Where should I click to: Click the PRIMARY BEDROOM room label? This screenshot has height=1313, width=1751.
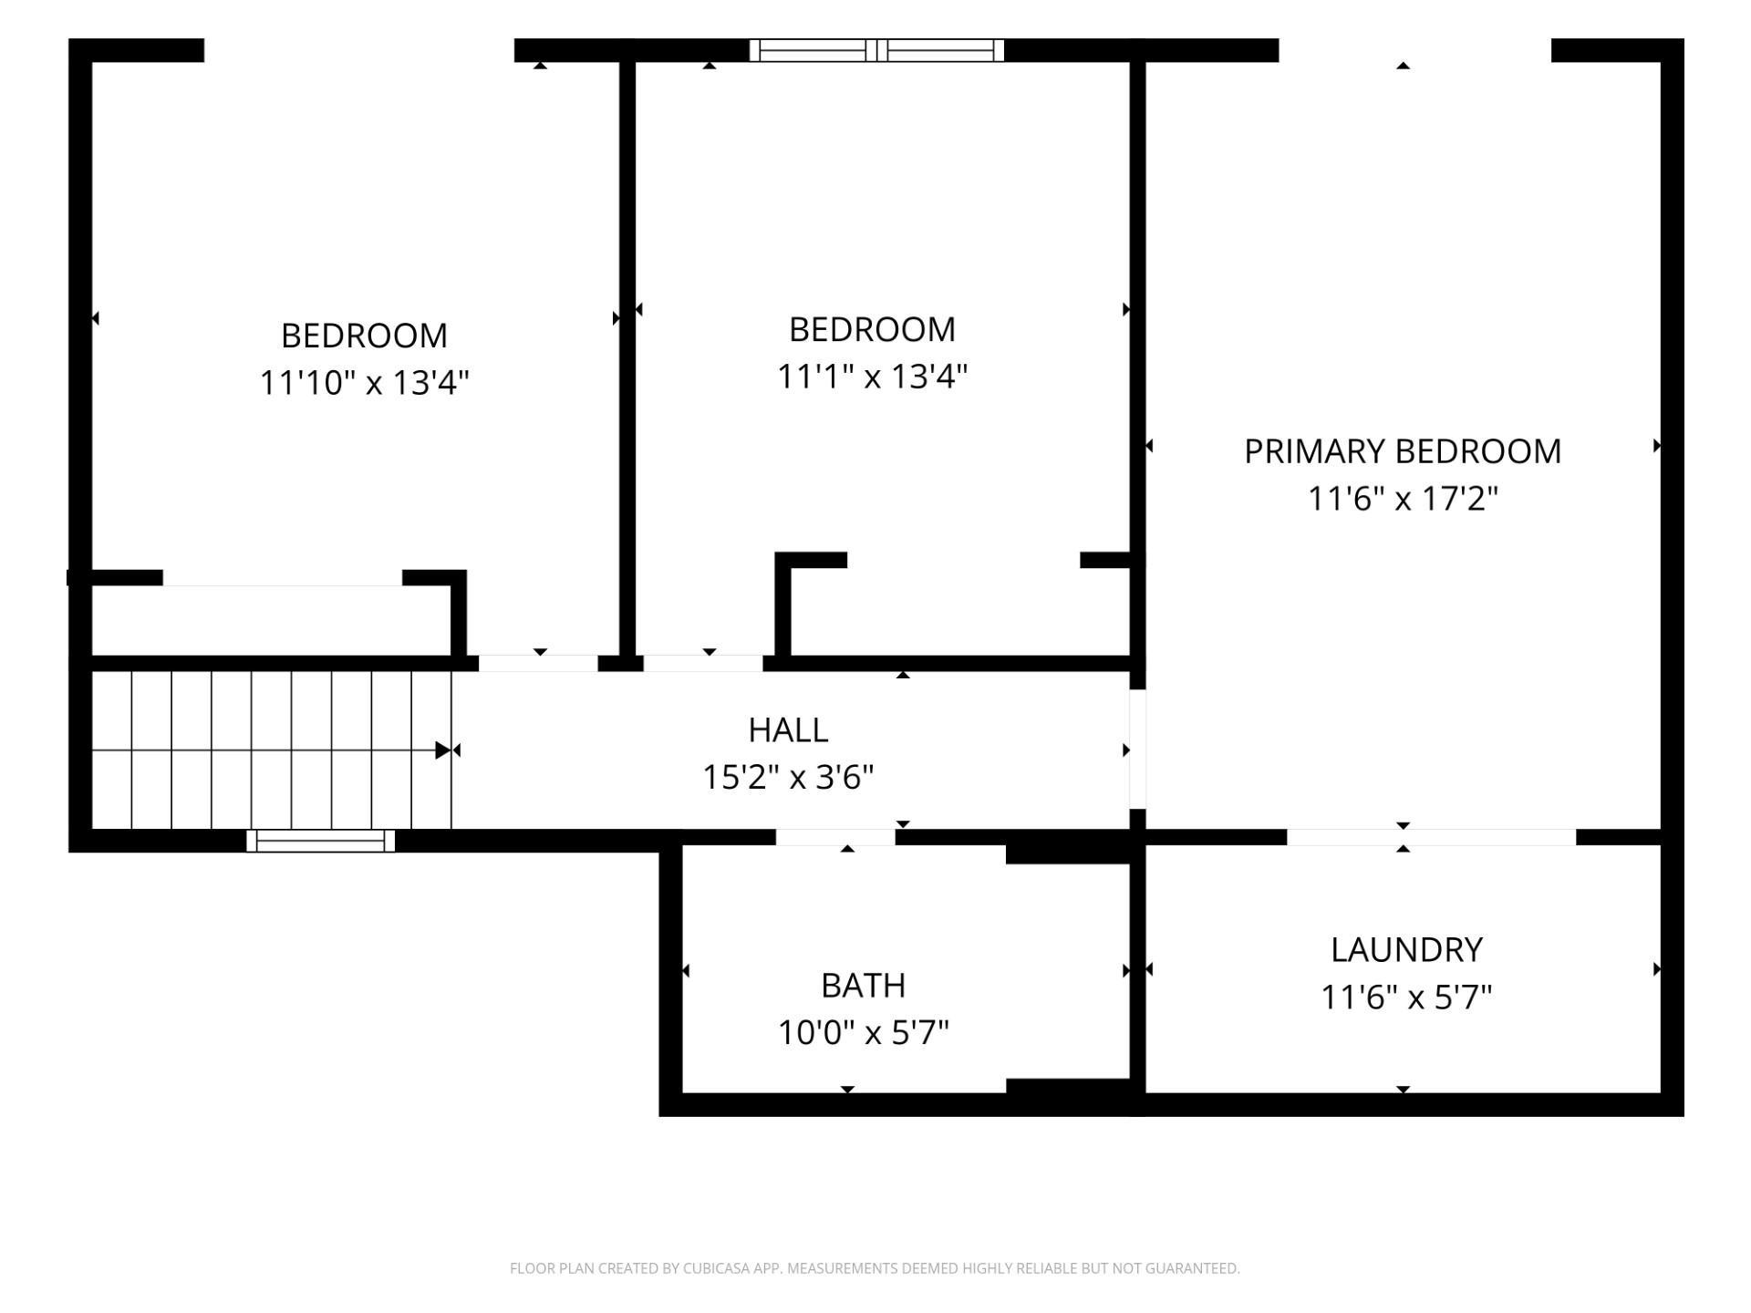(1403, 451)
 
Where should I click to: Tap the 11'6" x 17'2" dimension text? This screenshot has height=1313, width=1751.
(1403, 499)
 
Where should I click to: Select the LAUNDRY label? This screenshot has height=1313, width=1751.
(1406, 950)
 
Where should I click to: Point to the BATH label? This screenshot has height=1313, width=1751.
(863, 986)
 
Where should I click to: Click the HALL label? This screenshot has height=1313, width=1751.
(788, 730)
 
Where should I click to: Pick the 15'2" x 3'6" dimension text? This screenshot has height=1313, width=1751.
(788, 778)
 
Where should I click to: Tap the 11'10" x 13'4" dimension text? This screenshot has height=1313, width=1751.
(364, 383)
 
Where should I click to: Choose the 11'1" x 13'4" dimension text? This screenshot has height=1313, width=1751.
(872, 377)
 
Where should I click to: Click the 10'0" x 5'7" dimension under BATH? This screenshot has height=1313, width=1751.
(863, 1033)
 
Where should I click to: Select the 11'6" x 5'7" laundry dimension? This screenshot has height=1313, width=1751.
(1406, 998)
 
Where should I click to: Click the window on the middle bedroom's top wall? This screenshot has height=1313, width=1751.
(876, 50)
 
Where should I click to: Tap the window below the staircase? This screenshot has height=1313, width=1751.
(320, 841)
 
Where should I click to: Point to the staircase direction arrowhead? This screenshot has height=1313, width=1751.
(443, 750)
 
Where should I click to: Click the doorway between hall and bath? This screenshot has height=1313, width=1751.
(835, 838)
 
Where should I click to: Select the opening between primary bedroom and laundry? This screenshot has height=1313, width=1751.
(1431, 838)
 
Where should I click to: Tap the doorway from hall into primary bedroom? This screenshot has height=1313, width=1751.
(1137, 750)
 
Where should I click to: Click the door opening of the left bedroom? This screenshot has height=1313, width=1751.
(538, 664)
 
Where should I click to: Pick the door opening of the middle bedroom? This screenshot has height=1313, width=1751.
(703, 664)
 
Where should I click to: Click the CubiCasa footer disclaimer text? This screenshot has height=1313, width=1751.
(875, 1268)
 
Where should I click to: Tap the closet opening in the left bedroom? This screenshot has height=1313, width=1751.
(283, 578)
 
